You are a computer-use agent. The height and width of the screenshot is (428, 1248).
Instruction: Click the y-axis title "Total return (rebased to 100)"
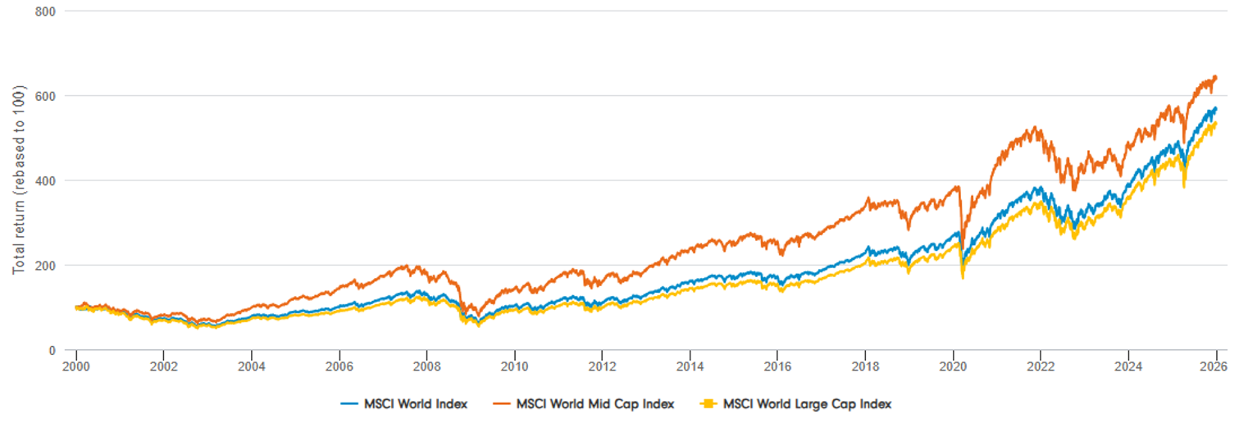click(x=18, y=180)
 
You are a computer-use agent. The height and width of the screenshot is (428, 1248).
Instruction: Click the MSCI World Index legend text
click(x=416, y=404)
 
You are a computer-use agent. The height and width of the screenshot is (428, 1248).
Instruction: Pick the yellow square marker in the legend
click(x=710, y=404)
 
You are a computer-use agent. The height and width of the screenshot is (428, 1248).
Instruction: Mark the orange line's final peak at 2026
click(x=1214, y=77)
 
